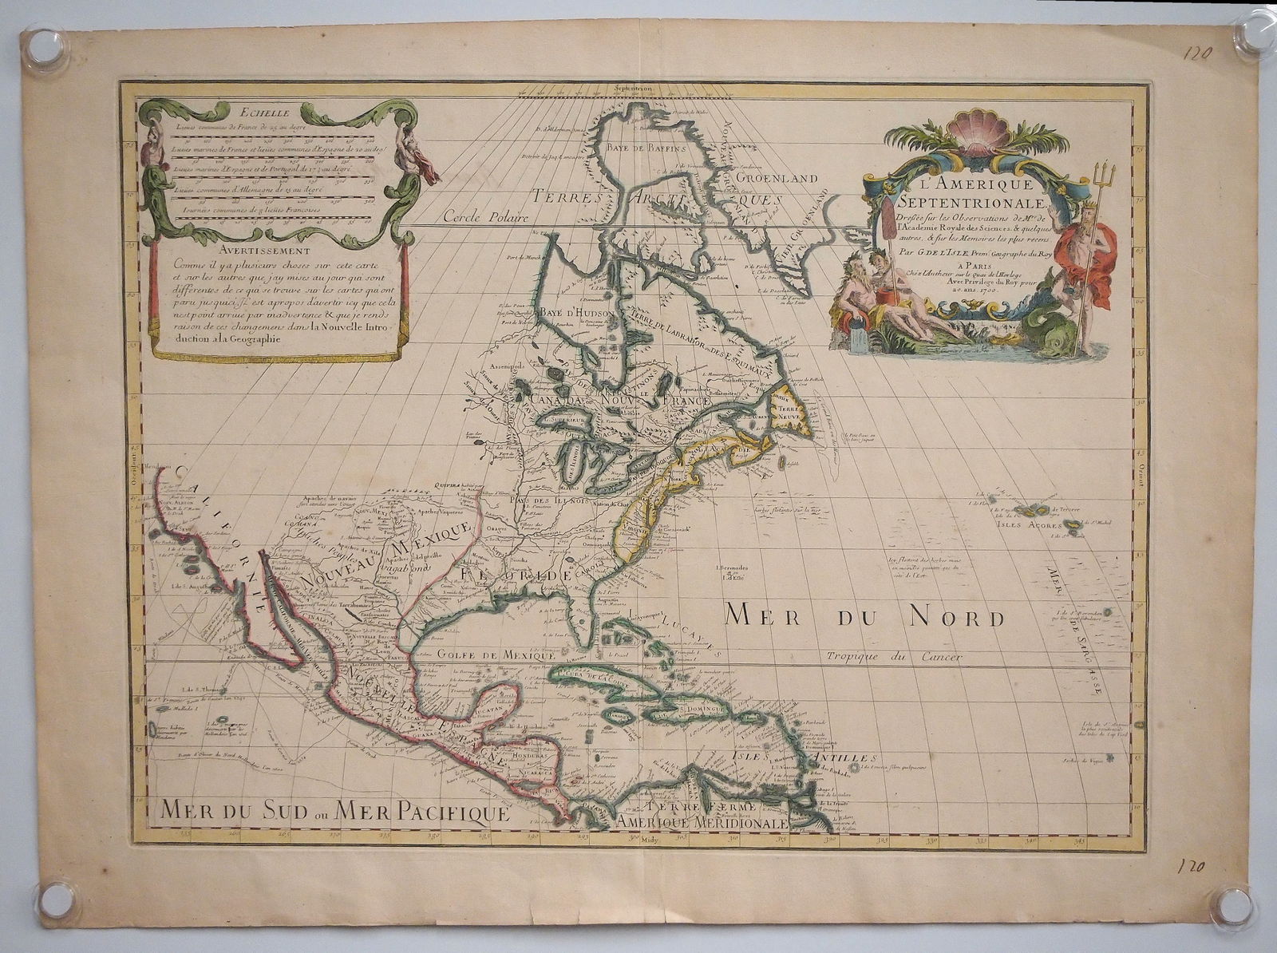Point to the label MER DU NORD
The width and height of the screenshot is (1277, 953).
(864, 616)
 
